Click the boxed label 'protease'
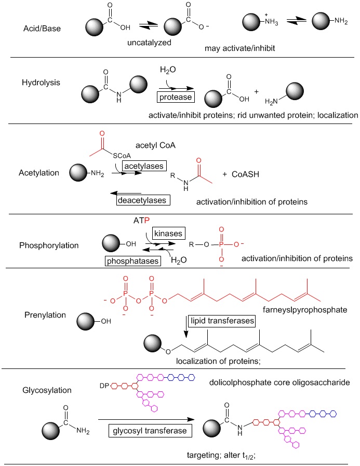(176, 97)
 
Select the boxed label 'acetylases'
(144, 166)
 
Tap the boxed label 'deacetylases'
(143, 200)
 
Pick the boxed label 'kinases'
(169, 234)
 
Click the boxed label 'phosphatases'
(132, 261)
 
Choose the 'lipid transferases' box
(222, 321)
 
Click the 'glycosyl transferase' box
(150, 431)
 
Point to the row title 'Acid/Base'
(42, 29)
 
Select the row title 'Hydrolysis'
(41, 83)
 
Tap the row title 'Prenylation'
(45, 315)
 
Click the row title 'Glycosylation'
(47, 390)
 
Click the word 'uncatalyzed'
(150, 43)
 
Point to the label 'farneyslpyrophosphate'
(305, 310)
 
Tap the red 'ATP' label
(141, 220)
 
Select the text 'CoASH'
(245, 174)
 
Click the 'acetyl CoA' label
(155, 145)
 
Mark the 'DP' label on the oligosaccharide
(104, 386)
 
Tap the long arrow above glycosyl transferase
(146, 419)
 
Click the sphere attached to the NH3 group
(251, 22)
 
